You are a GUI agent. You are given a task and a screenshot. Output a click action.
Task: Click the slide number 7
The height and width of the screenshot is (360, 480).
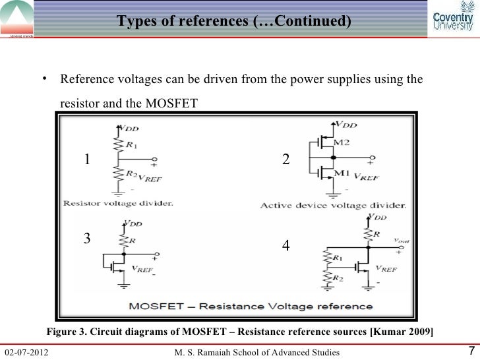470,349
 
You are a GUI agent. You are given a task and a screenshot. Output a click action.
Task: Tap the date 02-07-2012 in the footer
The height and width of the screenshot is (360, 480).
28,350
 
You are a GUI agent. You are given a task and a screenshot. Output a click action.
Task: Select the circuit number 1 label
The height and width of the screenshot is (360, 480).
86,159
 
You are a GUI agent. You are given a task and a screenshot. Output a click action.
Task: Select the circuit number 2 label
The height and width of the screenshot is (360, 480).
285,160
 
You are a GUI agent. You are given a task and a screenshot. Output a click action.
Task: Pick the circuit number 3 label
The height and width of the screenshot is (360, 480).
86,239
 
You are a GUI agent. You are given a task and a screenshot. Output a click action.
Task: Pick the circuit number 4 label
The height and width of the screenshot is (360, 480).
285,245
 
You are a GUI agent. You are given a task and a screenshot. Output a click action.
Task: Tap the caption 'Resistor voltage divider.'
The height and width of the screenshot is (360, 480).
119,203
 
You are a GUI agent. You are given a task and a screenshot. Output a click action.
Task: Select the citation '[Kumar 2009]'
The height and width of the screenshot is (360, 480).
404,330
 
